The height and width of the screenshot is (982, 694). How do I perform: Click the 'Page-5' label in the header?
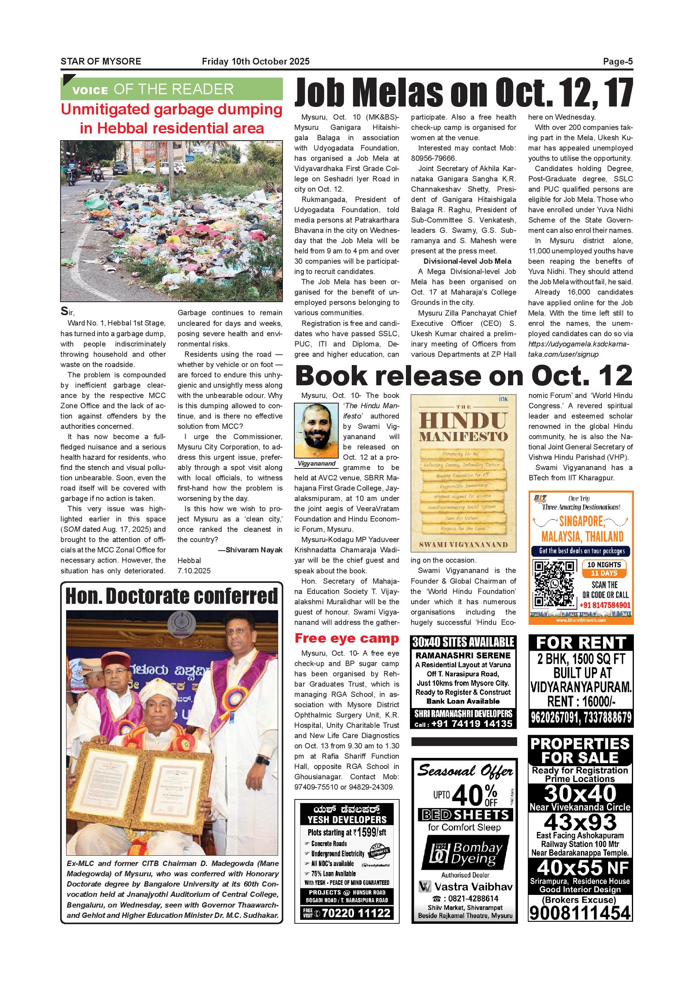pyautogui.click(x=618, y=62)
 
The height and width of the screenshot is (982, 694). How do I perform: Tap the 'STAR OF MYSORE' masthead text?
pyautogui.click(x=101, y=62)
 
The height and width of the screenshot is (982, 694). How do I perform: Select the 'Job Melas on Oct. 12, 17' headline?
pyautogui.click(x=464, y=93)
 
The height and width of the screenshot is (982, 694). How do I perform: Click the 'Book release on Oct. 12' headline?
pyautogui.click(x=464, y=376)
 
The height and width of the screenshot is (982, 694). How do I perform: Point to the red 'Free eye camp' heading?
pyautogui.click(x=347, y=638)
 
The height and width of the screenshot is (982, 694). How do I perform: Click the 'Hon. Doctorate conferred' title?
pyautogui.click(x=171, y=596)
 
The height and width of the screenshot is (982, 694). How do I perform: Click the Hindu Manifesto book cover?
pyautogui.click(x=463, y=474)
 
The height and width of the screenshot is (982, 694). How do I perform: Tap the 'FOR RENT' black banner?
pyautogui.click(x=581, y=643)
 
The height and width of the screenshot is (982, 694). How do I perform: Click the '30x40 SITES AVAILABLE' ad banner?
pyautogui.click(x=463, y=642)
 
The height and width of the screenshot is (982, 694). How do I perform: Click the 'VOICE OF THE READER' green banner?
pyautogui.click(x=171, y=89)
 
